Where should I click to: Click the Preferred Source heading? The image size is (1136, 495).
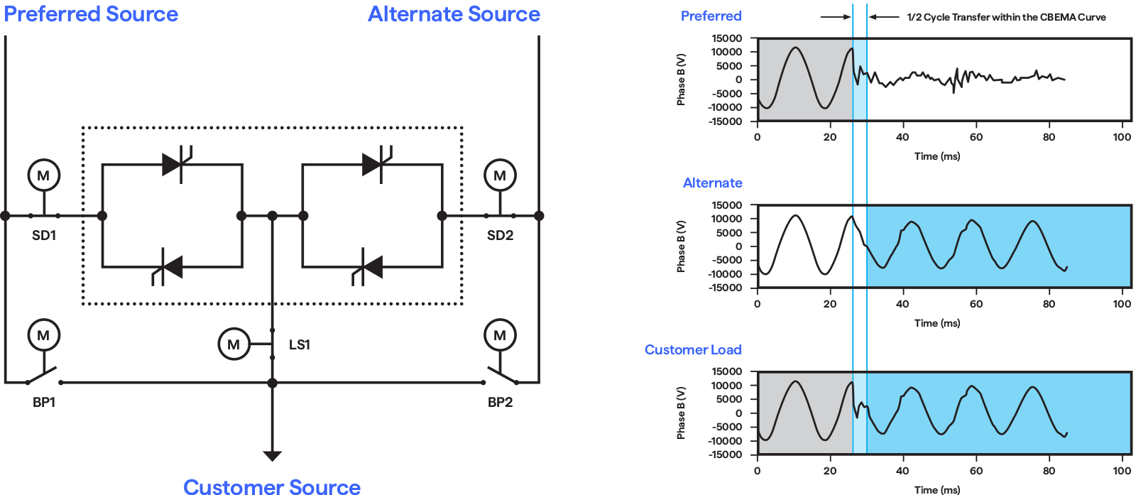[91, 14]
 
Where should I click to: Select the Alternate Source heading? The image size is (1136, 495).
[454, 14]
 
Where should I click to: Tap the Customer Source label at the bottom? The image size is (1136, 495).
[272, 486]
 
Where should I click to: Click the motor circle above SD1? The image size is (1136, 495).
[43, 175]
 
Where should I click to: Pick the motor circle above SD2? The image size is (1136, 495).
[500, 175]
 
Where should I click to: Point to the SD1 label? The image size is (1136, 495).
[44, 235]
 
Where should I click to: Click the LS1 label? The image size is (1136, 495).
[299, 344]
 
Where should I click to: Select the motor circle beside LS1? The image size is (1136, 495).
[234, 344]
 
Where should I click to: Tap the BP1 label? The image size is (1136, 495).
[44, 402]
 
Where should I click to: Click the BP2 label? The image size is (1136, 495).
[500, 402]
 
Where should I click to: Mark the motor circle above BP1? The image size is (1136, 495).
[43, 335]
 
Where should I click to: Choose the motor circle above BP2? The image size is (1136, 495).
[500, 335]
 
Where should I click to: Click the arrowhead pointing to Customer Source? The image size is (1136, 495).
[272, 455]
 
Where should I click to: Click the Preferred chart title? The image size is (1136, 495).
[711, 16]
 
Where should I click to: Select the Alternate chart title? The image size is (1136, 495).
[712, 183]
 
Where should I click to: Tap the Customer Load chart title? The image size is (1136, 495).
[692, 349]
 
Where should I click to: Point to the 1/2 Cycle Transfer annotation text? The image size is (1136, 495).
[1006, 17]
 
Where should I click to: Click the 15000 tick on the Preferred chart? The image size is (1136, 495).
[727, 38]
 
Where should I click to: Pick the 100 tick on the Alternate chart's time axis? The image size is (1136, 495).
[1122, 304]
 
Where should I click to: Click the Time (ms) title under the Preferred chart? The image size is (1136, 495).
[936, 156]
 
